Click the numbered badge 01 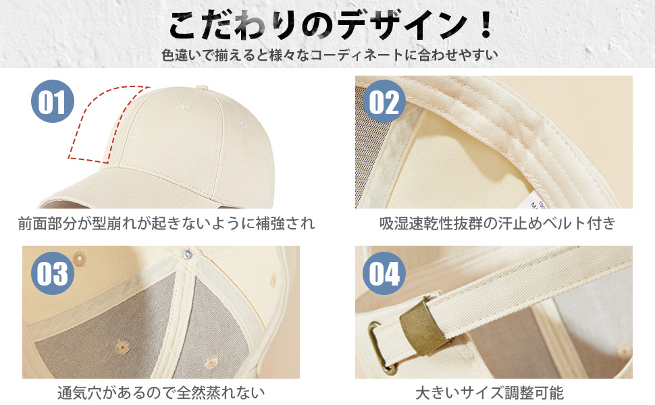[53, 101]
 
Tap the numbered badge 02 [384, 101]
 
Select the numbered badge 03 [53, 273]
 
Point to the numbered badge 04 [384, 273]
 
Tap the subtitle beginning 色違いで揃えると [330, 55]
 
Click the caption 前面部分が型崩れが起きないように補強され [166, 223]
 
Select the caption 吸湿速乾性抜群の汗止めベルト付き [498, 223]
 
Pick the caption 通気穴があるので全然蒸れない [161, 393]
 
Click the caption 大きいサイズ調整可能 [490, 393]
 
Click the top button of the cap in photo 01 [202, 88]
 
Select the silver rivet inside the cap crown [188, 253]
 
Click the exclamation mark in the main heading [486, 26]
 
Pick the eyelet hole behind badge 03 [80, 259]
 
